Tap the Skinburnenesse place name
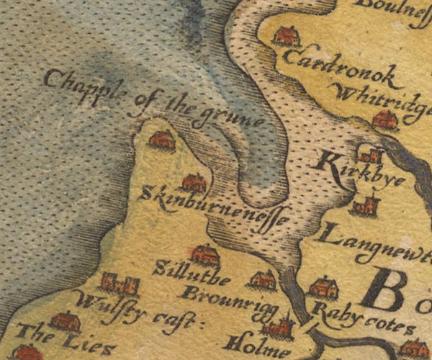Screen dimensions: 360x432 point(215,204)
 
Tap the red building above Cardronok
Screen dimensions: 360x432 point(287,36)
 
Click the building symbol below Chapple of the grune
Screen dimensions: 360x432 point(162,140)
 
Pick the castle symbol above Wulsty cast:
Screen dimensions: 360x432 point(120,284)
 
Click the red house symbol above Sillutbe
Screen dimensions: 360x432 point(205,254)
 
